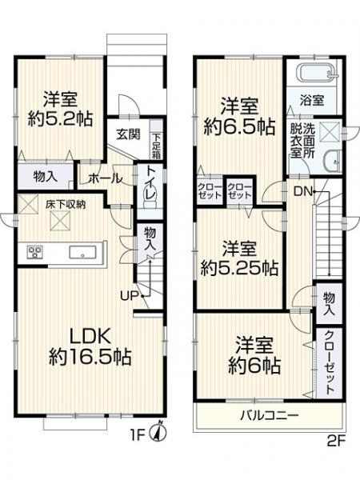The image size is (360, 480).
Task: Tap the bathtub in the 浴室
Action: [x=315, y=73]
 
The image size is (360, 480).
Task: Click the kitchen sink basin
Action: [x=82, y=253]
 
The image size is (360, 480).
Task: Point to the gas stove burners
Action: [x=35, y=253]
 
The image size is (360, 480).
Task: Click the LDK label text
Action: [x=90, y=337]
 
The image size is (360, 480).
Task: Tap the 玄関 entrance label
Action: [x=128, y=134]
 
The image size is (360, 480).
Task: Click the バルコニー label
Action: [x=269, y=416]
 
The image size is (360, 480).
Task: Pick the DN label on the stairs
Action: [x=302, y=192]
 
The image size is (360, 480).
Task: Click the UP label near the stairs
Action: [x=129, y=296]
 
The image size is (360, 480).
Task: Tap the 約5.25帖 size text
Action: [x=239, y=268]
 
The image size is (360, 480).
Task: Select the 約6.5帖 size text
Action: [x=239, y=126]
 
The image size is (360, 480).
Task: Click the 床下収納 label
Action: [x=66, y=205]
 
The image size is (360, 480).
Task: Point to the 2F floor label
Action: [x=336, y=442]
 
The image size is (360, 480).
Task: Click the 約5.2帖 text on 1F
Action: [x=60, y=119]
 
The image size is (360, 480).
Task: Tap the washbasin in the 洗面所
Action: [x=332, y=161]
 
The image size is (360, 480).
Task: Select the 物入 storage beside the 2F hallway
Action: [x=329, y=303]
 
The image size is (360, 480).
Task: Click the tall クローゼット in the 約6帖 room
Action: [x=329, y=362]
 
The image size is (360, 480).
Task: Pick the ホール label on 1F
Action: [x=106, y=178]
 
